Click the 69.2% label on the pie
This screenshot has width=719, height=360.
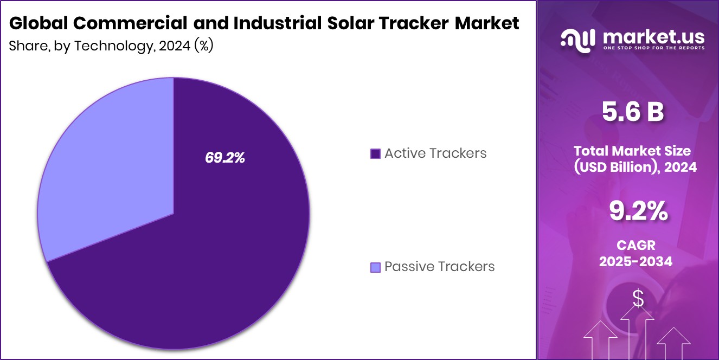(225, 158)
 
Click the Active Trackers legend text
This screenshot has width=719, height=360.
(435, 153)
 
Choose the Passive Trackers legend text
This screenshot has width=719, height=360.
(439, 267)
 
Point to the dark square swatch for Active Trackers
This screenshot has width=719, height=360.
(375, 154)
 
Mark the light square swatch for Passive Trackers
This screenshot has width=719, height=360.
(375, 267)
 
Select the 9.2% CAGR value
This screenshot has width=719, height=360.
(638, 211)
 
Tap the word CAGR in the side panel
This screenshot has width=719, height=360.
(635, 245)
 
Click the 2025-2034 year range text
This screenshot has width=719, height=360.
(635, 261)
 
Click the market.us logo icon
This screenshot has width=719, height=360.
(579, 39)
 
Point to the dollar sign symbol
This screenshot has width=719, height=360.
(638, 298)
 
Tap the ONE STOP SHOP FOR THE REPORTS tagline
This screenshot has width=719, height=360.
(653, 48)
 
